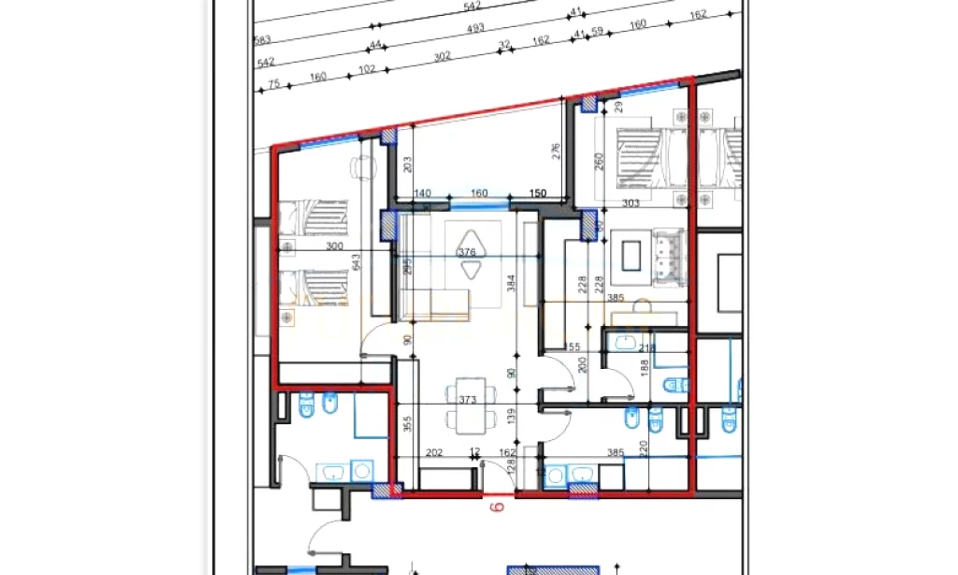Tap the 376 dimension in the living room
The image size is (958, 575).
[466, 252]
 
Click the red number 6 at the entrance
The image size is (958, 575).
[494, 506]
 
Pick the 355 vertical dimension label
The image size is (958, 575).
[407, 424]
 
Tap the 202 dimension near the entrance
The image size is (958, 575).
[434, 453]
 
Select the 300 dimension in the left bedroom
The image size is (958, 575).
[335, 247]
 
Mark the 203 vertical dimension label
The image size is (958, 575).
[407, 164]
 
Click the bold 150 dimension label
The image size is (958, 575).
[538, 193]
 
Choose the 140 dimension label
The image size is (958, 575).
[423, 193]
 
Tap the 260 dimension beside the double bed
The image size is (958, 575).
[600, 161]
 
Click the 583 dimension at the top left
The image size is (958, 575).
[262, 40]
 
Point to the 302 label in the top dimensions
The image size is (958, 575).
[442, 56]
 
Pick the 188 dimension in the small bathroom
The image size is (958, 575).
[645, 367]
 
